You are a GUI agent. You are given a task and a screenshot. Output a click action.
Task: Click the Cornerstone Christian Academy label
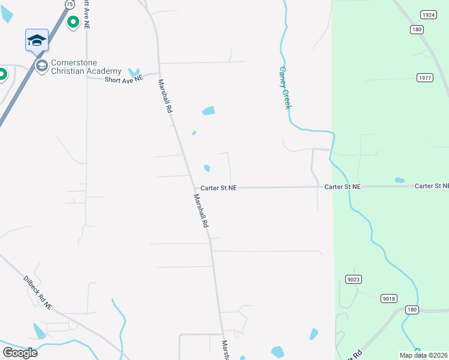86,67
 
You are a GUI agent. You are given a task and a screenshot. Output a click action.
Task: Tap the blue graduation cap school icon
37,40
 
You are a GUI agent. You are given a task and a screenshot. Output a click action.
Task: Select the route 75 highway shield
70,4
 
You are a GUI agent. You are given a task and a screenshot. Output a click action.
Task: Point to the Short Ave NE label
124,79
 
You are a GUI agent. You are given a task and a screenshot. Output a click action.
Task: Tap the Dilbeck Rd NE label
38,293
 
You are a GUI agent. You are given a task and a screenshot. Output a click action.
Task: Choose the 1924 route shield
428,15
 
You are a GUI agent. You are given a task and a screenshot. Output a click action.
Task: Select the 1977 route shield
425,77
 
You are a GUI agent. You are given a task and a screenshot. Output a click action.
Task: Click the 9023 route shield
354,279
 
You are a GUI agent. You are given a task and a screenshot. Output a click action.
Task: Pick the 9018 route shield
389,298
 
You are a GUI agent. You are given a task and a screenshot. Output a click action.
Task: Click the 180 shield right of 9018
411,310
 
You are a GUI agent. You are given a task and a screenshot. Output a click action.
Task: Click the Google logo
20,353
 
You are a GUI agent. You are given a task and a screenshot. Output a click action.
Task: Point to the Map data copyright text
424,355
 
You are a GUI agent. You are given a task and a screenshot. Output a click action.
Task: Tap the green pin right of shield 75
73,22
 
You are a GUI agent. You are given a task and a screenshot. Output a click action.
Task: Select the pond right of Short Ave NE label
133,73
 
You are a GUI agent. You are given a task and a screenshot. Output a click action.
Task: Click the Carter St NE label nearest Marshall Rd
218,188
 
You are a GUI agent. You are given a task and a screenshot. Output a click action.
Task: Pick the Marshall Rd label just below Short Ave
166,97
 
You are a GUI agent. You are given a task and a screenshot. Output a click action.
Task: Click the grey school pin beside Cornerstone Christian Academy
41,65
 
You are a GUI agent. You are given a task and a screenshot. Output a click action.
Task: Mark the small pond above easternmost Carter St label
400,180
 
